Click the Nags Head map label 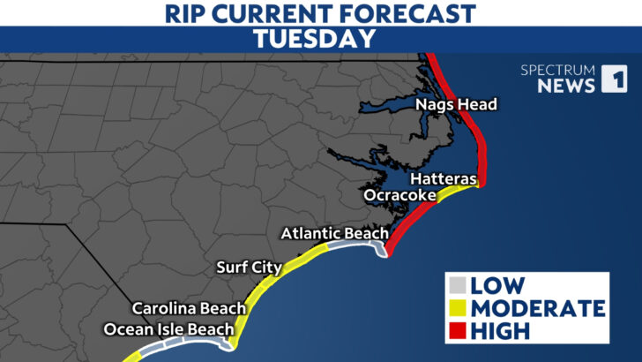pos(457,105)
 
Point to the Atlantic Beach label pos(334,233)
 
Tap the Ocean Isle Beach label pos(168,329)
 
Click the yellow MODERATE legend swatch pos(458,309)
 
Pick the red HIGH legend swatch pos(458,331)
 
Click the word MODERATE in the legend pos(538,309)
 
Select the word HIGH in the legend pos(501,331)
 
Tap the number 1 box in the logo pos(614,79)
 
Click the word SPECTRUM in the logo pos(558,68)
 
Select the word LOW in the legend pos(498,286)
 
